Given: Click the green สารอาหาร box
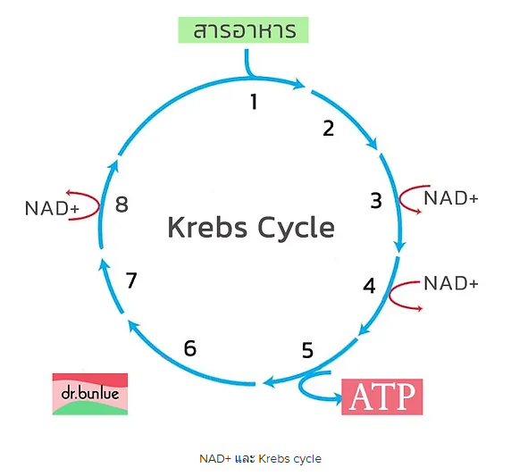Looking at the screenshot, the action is [243, 30].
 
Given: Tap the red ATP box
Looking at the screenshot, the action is [382, 397].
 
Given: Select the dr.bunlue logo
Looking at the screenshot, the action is [90, 394].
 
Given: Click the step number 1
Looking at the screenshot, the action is [254, 101].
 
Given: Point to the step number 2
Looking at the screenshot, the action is [329, 128].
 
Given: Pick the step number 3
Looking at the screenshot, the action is [376, 200].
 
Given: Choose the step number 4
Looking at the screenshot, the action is [369, 286].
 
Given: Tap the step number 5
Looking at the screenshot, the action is [307, 350].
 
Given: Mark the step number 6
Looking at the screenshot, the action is [190, 348].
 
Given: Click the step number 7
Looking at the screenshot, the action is [131, 280].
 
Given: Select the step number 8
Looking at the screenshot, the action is [121, 205].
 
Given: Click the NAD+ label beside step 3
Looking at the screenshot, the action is [451, 198].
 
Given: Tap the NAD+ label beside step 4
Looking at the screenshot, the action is [451, 283].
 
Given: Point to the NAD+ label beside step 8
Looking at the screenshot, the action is [52, 208].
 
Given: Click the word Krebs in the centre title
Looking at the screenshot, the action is [207, 227].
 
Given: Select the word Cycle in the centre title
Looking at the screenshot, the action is [296, 228].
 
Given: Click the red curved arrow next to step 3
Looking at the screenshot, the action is [400, 199].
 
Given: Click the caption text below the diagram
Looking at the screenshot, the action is [260, 459].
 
